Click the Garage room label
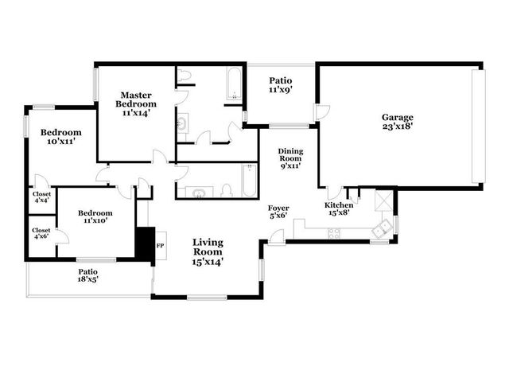397,121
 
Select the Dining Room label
289,159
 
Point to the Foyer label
278,212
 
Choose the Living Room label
207,251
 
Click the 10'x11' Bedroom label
61,137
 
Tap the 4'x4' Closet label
41,197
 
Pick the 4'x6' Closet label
41,234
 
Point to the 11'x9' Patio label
280,85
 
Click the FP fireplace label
160,246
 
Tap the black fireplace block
145,244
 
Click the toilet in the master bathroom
185,76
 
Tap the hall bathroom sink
195,191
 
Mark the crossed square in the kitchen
383,199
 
